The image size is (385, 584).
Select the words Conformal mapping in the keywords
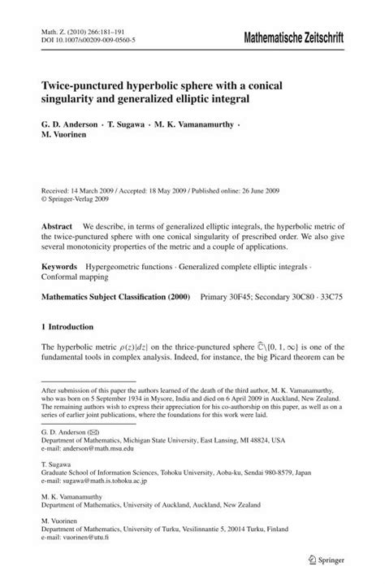(77, 277)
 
